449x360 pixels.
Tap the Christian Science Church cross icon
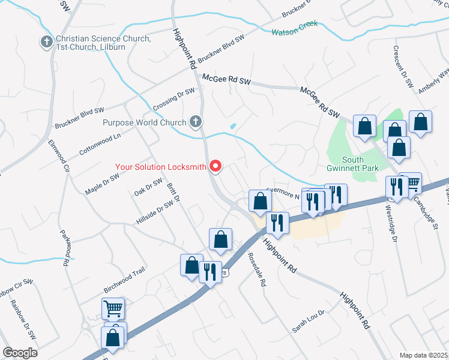[46, 42]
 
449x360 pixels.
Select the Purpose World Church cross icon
[194, 122]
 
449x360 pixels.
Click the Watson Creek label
[294, 31]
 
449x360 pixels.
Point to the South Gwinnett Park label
[360, 164]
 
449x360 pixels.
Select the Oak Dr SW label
[148, 187]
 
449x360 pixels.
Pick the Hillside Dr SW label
[154, 212]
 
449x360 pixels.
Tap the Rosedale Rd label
[256, 269]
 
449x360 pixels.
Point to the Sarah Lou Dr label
[308, 322]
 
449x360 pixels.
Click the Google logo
[19, 353]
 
